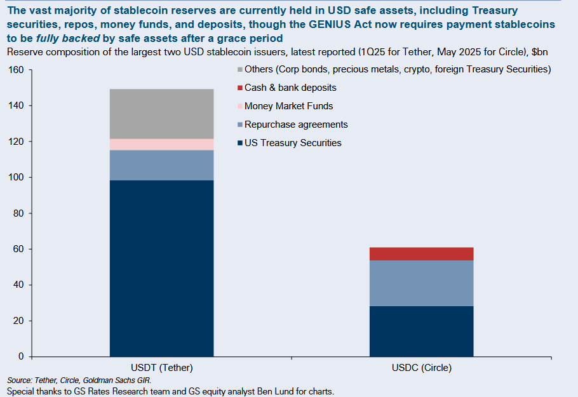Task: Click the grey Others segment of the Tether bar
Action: click(x=161, y=114)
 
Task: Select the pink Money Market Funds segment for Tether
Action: click(x=161, y=144)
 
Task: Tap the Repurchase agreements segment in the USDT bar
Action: click(x=161, y=165)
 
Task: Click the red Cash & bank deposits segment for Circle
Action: click(x=421, y=253)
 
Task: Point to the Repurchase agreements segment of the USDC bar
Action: click(x=421, y=283)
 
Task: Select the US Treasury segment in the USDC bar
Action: click(x=421, y=331)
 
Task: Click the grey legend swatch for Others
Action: click(x=239, y=69)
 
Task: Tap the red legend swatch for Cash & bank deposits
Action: click(x=239, y=88)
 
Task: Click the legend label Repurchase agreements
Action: click(x=296, y=124)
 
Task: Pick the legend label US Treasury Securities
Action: click(x=293, y=143)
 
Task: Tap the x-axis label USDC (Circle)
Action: click(x=421, y=368)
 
